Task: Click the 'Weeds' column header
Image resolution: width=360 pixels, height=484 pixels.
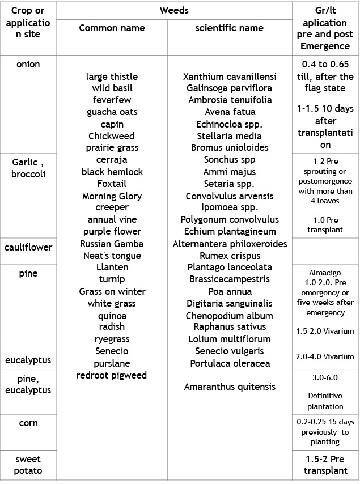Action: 173,10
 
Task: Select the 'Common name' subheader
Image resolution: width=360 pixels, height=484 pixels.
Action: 112,28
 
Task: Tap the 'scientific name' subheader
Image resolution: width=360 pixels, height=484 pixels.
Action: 229,28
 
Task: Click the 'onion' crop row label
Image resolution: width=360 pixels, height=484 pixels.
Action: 28,64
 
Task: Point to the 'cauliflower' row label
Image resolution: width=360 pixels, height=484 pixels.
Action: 28,247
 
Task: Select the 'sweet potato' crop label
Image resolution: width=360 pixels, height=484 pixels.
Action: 28,465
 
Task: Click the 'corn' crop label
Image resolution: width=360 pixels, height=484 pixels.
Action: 28,423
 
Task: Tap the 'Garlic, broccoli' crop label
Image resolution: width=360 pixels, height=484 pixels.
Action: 28,168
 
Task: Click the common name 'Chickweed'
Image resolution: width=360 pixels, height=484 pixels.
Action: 112,136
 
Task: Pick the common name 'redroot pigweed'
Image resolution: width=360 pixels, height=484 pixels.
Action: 112,375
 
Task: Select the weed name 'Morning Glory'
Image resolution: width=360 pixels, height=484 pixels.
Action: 112,196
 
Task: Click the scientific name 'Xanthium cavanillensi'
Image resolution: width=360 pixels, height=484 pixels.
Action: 229,77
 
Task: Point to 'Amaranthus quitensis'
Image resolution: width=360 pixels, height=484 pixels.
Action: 229,387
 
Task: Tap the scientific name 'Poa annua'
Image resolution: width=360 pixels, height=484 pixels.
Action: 229,291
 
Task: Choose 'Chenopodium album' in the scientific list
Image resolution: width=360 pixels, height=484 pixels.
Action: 229,316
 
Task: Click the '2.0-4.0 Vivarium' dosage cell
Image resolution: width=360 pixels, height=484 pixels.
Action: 325,356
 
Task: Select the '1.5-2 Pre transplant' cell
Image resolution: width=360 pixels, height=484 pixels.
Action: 325,465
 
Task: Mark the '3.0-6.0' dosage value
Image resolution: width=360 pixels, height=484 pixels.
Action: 325,378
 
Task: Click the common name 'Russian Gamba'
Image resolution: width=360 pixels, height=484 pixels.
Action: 112,244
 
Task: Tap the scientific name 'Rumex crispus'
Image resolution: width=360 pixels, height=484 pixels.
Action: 229,256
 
